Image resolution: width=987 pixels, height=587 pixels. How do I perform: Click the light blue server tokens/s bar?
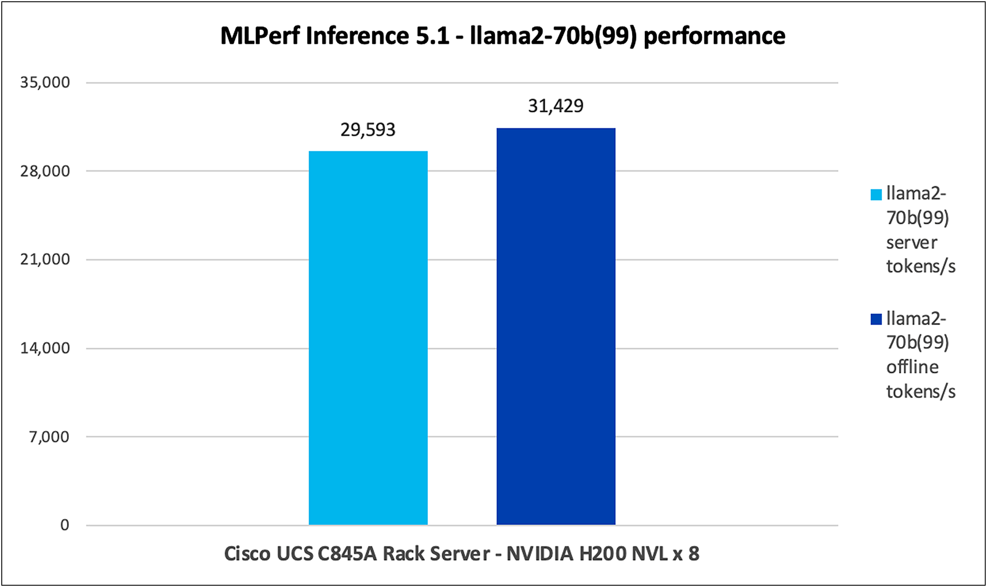[x=368, y=337]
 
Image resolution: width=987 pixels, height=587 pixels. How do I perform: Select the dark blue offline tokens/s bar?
[x=556, y=326]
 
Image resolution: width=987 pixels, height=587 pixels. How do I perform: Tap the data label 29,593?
[x=368, y=130]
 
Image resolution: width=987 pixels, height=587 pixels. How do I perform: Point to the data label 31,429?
[x=556, y=106]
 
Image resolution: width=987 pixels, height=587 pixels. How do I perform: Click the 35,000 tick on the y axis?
[x=45, y=82]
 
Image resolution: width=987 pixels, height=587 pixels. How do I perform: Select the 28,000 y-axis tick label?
[x=45, y=171]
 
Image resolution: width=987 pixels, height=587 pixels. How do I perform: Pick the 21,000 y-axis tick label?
[x=45, y=259]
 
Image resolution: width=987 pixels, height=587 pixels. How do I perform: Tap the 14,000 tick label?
[x=45, y=348]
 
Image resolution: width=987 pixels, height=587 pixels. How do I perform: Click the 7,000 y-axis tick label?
[x=49, y=437]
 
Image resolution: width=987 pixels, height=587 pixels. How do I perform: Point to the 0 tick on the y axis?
[x=64, y=525]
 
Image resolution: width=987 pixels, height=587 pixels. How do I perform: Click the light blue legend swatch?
[x=876, y=194]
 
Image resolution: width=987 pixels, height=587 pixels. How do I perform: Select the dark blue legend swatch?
[x=876, y=319]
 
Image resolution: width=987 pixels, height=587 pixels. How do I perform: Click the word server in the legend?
[x=911, y=243]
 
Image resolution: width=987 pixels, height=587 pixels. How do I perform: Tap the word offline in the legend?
[x=912, y=367]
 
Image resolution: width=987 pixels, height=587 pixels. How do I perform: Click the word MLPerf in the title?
[x=260, y=36]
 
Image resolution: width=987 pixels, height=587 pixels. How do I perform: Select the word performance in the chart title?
[x=714, y=36]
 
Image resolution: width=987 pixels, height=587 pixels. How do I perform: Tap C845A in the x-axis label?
[x=347, y=554]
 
